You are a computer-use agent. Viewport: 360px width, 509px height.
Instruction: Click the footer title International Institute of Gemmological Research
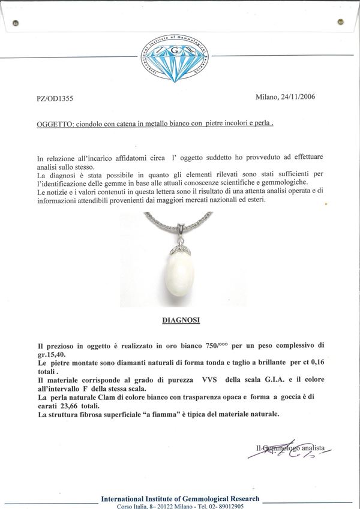pos(180,498)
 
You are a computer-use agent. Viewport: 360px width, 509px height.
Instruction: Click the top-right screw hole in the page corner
pos(341,22)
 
